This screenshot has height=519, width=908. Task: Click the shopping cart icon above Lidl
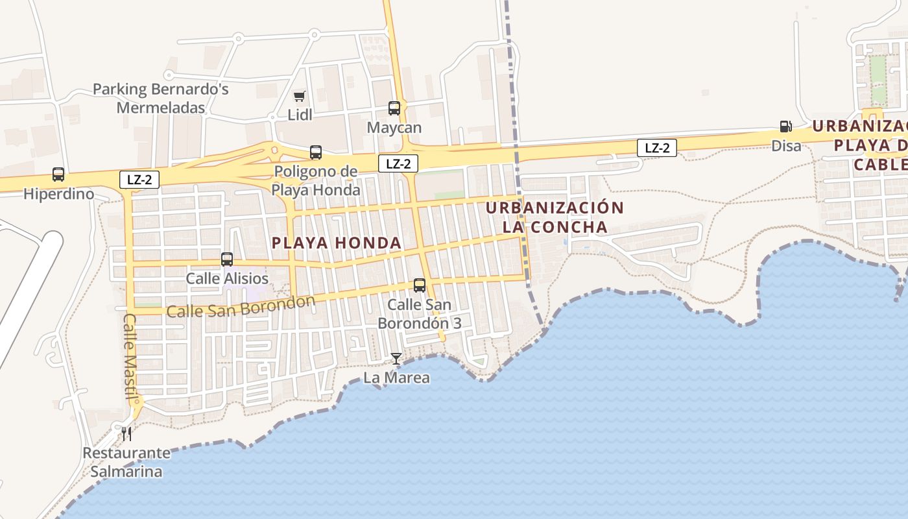[x=299, y=97]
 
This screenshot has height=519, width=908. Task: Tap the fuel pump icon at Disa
[x=785, y=127]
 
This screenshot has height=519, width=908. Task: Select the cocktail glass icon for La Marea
[x=396, y=359]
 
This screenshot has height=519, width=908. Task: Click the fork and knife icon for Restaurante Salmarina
[x=126, y=433]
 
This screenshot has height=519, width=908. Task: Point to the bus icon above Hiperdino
[x=58, y=175]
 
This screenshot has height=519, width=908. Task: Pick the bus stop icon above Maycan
[x=394, y=108]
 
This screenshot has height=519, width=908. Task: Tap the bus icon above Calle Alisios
[x=227, y=259]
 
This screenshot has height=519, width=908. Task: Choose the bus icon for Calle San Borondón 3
[x=420, y=285]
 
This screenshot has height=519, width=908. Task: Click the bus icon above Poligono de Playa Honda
[x=316, y=152]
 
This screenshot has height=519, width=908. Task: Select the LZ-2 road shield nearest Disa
[x=657, y=149]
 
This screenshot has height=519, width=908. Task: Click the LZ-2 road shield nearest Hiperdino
[x=139, y=180]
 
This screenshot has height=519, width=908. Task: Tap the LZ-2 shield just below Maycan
[x=398, y=163]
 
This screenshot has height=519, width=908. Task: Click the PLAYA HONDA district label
[x=337, y=243]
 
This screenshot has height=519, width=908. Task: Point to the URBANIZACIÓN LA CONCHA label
[x=555, y=217]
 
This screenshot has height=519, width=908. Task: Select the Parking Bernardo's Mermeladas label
[x=161, y=98]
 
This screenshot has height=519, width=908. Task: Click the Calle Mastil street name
[x=131, y=357]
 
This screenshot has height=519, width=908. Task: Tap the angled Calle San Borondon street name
[x=241, y=306]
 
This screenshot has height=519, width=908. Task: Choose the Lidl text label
[x=300, y=115]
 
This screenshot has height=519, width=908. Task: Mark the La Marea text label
[x=396, y=378]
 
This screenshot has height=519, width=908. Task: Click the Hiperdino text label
[x=58, y=194]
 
